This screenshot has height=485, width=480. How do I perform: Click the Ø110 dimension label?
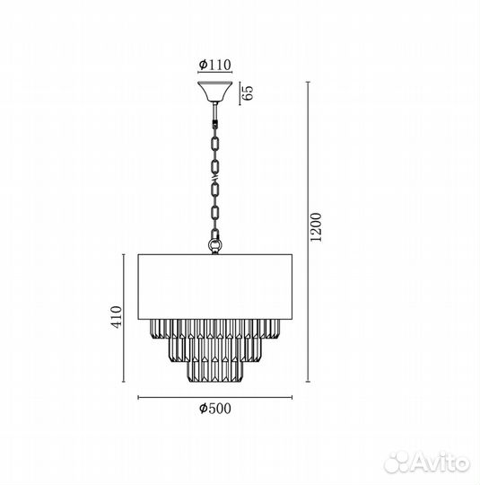pos(215,64)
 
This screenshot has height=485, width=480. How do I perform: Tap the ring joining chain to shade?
pos(215,242)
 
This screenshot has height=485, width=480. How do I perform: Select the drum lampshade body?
pos(215,286)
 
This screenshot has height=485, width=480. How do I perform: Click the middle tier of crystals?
pos(215,348)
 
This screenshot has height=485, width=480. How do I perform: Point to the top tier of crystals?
pos(215,327)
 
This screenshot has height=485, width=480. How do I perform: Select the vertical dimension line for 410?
pos(123,315)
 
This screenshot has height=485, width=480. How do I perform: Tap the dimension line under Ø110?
pos(215,75)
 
